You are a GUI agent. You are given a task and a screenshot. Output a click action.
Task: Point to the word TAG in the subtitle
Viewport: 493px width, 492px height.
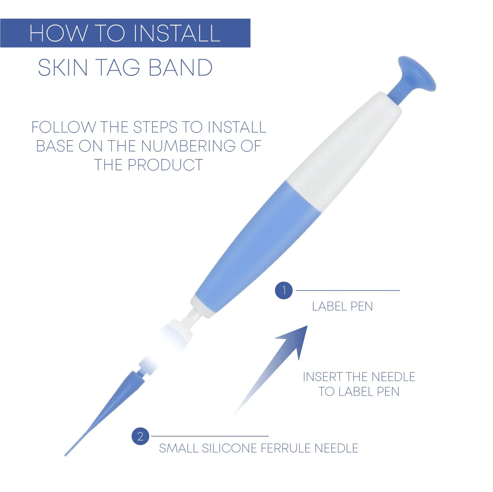(117, 68)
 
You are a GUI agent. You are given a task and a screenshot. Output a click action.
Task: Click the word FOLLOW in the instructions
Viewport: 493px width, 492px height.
(63, 127)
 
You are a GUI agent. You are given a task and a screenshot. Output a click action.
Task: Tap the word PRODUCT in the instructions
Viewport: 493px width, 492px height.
(165, 165)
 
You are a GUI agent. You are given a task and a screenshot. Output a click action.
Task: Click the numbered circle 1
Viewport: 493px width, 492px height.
(284, 291)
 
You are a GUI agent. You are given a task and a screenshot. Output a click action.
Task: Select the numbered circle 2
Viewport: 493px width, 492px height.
(140, 436)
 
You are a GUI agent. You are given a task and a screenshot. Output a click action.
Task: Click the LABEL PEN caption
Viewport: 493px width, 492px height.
(342, 307)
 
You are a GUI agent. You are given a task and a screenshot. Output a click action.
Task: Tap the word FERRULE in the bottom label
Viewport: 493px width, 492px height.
(285, 448)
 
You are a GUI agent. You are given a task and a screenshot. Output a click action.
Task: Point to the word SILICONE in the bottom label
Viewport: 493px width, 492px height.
(229, 448)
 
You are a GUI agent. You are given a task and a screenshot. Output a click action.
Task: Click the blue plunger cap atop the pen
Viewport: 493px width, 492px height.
(415, 76)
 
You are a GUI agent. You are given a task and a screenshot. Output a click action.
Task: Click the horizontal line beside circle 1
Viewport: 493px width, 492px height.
(348, 291)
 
